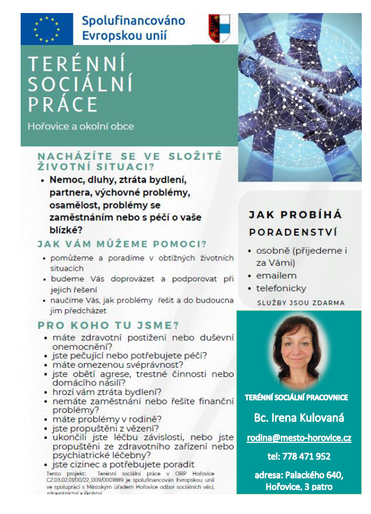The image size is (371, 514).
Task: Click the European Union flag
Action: (47, 29)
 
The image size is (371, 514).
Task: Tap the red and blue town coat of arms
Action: (219, 28)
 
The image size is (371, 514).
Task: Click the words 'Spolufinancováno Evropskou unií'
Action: (133, 29)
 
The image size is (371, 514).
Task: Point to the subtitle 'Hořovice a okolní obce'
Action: (80, 126)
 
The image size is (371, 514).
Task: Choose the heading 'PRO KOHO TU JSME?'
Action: (108, 325)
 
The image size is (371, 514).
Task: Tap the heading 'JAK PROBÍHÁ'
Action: (295, 215)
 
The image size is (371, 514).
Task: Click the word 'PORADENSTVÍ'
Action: (293, 232)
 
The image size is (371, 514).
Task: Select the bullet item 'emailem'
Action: (276, 275)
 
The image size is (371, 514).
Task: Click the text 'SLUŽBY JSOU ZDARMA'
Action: (300, 303)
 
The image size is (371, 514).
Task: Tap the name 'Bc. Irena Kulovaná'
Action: (299, 418)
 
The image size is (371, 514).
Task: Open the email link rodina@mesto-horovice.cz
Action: (299, 437)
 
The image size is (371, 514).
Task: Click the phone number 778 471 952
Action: (299, 456)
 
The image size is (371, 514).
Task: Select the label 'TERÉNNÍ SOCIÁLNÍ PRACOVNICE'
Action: (296, 397)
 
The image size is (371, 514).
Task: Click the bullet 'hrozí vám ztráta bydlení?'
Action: (106, 392)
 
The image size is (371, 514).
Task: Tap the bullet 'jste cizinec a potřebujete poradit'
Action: (123, 465)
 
